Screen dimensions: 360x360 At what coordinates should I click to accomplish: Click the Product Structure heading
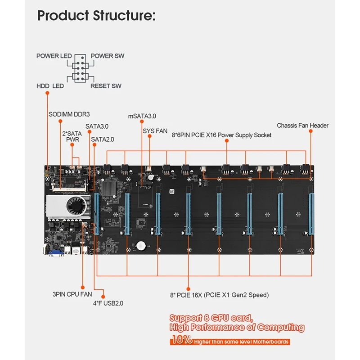pyautogui.click(x=96, y=16)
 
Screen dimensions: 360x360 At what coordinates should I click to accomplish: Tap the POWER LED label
pyautogui.click(x=54, y=56)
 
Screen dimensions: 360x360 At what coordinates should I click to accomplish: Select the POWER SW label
pyautogui.click(x=108, y=56)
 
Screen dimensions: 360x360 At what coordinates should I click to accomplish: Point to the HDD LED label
pyautogui.click(x=50, y=86)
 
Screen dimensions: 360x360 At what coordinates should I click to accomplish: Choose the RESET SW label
pyautogui.click(x=106, y=86)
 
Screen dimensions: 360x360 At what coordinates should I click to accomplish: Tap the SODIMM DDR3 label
pyautogui.click(x=69, y=114)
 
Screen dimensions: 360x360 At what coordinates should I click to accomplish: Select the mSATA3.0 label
pyautogui.click(x=142, y=116)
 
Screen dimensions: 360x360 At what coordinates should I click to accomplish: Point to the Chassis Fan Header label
pyautogui.click(x=302, y=126)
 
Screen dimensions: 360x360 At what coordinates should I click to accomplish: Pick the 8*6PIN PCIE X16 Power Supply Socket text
pyautogui.click(x=222, y=135)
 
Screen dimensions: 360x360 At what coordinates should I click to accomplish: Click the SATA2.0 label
pyautogui.click(x=103, y=139)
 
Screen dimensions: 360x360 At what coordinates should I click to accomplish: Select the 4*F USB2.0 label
pyautogui.click(x=108, y=303)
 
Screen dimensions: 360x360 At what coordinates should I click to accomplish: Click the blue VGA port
pyautogui.click(x=57, y=252)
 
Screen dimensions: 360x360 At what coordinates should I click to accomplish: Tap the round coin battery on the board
pyautogui.click(x=142, y=246)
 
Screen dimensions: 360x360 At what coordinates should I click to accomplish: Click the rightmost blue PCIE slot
pyautogui.click(x=310, y=214)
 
